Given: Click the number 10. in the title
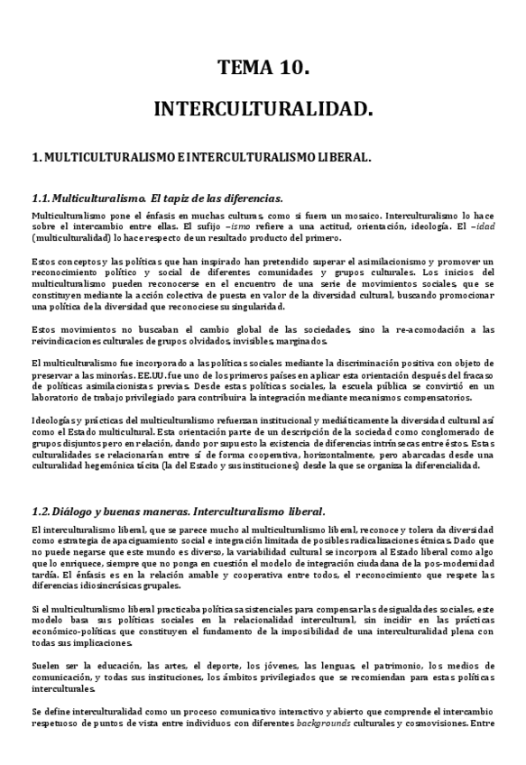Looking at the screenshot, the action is (x=292, y=67).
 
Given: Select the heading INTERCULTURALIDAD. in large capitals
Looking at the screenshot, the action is (x=263, y=109).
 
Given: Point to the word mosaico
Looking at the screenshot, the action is (x=357, y=217).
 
